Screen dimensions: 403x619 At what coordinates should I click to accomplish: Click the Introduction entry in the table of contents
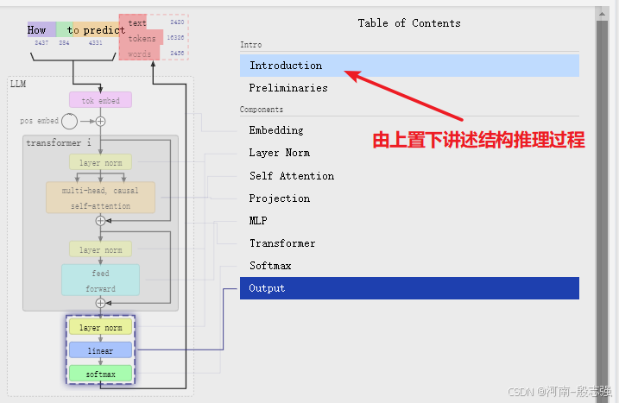click(286, 66)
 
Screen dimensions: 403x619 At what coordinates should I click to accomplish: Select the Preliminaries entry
click(288, 88)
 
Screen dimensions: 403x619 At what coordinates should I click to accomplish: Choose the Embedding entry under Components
click(276, 130)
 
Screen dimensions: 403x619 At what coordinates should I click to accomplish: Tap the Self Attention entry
click(292, 176)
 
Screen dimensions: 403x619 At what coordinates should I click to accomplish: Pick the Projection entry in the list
click(280, 198)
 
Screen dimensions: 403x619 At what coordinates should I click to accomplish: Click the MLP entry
click(258, 221)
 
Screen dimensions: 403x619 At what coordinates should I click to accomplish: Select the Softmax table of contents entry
click(270, 266)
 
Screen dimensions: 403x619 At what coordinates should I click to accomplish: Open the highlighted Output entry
click(267, 288)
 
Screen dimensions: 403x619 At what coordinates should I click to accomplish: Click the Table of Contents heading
click(409, 23)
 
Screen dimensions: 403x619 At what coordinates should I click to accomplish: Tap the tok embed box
click(101, 101)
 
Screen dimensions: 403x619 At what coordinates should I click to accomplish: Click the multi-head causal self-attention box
click(101, 198)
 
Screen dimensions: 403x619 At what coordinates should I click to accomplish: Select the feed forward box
click(100, 280)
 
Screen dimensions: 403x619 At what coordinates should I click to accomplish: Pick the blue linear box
click(100, 350)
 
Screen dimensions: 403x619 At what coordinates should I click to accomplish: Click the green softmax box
click(100, 375)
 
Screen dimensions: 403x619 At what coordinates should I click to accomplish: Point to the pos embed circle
click(69, 122)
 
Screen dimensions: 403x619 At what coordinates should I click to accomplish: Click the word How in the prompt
click(37, 30)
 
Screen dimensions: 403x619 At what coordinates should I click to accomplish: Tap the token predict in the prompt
click(104, 30)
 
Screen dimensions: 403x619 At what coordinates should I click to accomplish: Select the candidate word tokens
click(142, 39)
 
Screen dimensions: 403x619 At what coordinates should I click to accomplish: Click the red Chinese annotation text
click(478, 141)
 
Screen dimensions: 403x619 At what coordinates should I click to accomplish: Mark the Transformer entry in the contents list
click(282, 243)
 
